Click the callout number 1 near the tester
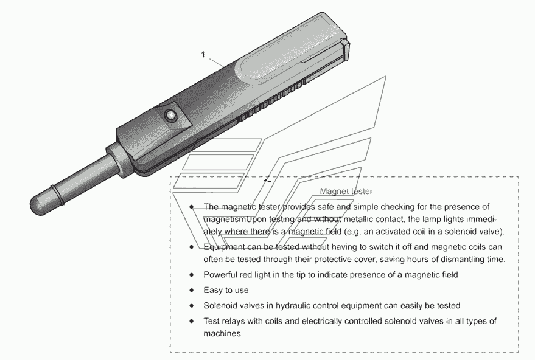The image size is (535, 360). click(x=203, y=55)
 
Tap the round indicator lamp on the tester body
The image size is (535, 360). click(x=170, y=115)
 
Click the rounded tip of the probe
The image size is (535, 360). click(x=38, y=205)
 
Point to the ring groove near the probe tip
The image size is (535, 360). click(x=57, y=195)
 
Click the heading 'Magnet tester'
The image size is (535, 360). click(x=346, y=191)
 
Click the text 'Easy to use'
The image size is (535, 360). click(x=226, y=291)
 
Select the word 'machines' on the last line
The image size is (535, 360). click(x=222, y=333)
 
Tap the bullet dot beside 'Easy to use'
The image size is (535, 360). click(x=192, y=291)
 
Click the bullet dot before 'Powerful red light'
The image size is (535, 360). click(x=192, y=275)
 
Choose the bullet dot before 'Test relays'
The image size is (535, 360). click(x=192, y=321)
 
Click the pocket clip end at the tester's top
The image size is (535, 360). click(x=345, y=51)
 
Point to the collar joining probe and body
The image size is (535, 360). click(x=119, y=160)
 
